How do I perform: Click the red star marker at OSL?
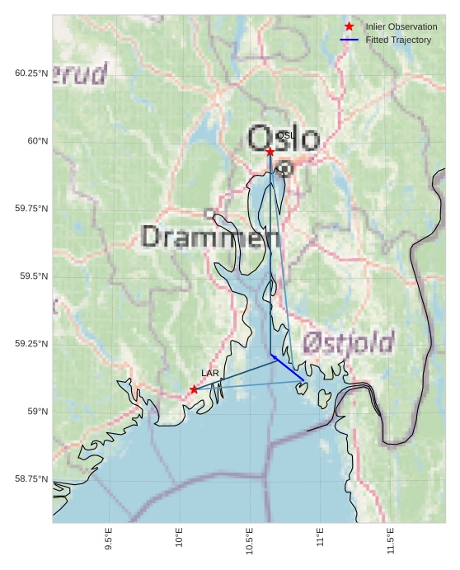tap(270, 152)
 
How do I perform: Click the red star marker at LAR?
tap(194, 389)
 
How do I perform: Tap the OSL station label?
tap(285, 135)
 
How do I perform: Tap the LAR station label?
tap(210, 374)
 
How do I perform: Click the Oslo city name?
tap(283, 138)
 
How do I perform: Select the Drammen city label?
tap(210, 238)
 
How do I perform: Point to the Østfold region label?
tap(347, 342)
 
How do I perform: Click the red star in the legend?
tap(350, 27)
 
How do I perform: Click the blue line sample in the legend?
tap(350, 40)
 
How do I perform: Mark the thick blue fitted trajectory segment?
tap(288, 368)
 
